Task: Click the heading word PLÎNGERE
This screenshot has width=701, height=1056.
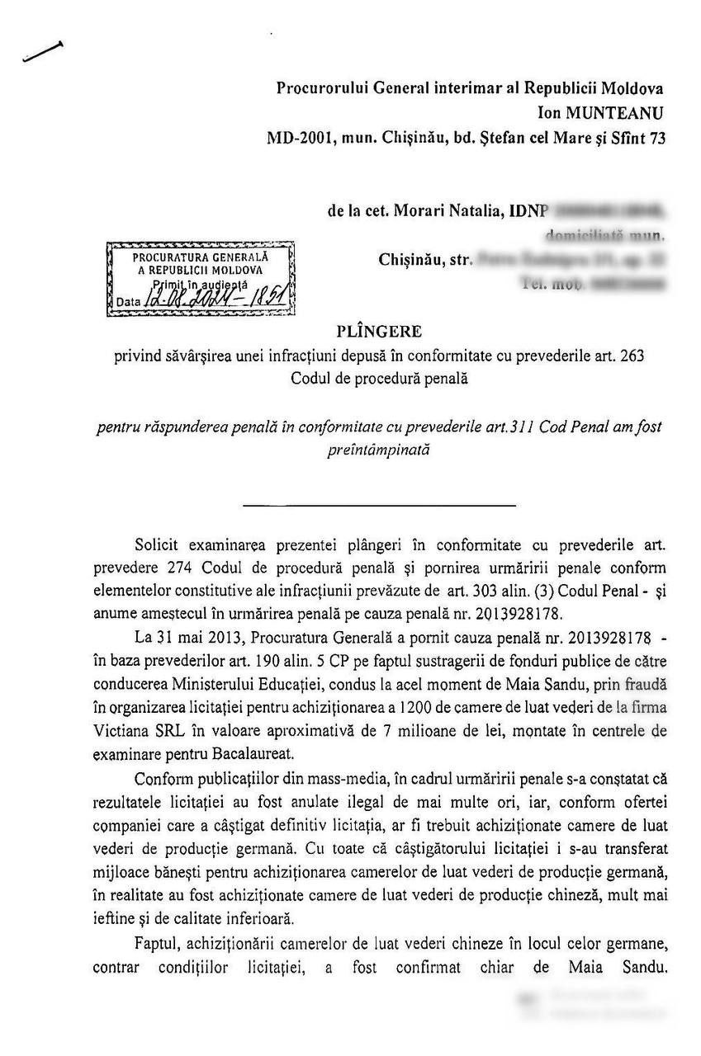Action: tap(379, 332)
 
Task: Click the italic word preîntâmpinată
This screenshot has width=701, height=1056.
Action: tap(380, 450)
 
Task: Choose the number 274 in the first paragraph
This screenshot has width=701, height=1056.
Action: tap(176, 568)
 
